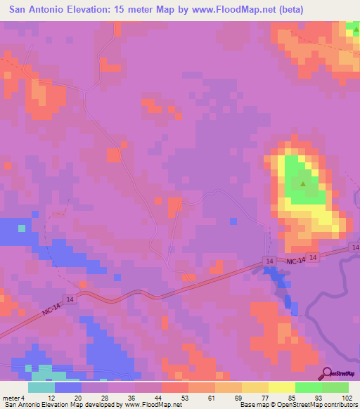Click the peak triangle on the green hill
tap(303, 184)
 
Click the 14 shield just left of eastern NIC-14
tap(269, 261)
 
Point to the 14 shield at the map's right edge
tap(355, 248)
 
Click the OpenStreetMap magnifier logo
tap(328, 373)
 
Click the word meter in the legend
tap(11, 397)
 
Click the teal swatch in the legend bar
tap(41, 387)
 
